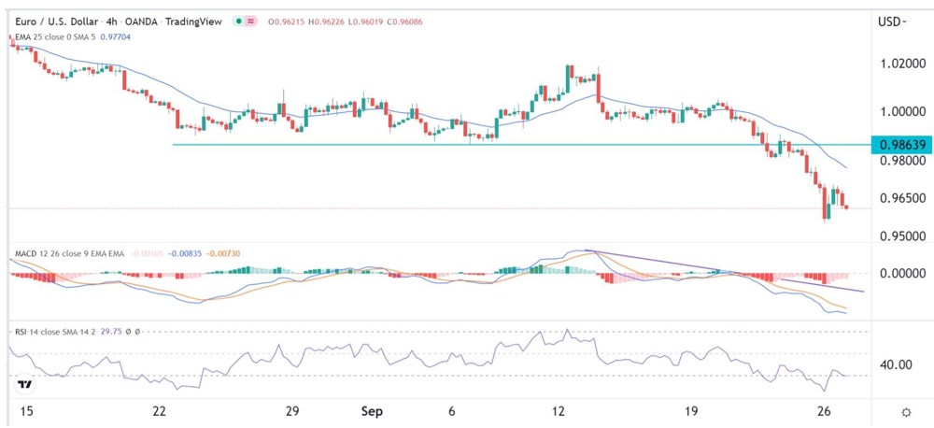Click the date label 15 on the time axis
21,411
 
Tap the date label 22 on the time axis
160,411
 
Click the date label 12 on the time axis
559,411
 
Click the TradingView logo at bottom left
25,384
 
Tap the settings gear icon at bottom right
905,412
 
